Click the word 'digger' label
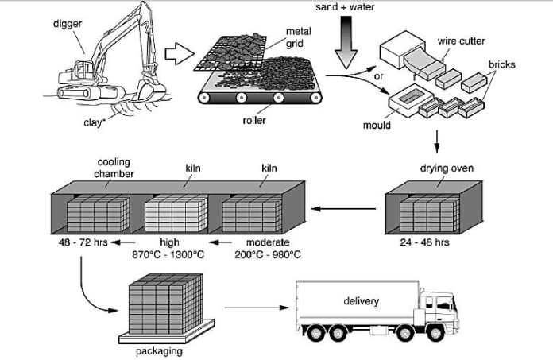click(x=68, y=23)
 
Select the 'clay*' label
click(x=95, y=122)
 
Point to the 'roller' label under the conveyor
click(x=254, y=122)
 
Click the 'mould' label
click(x=377, y=125)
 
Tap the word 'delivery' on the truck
click(x=362, y=301)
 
